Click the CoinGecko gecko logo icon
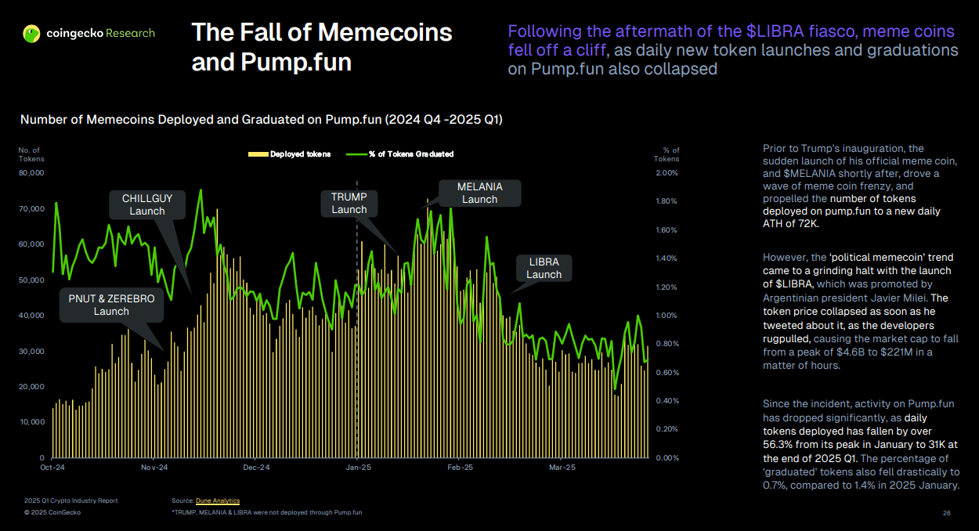tap(31, 34)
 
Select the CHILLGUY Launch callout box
tap(147, 204)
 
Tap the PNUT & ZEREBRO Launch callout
tap(111, 305)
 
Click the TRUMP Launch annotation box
tap(349, 203)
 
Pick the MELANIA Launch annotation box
tap(479, 193)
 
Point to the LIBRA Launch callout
tap(544, 268)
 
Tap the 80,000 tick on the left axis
tap(31, 173)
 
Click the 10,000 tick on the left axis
tap(31, 422)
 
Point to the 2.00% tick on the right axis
tap(667, 173)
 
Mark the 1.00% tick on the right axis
tap(667, 316)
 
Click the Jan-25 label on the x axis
tap(358, 468)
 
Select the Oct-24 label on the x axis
tap(52, 468)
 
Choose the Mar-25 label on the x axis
tap(562, 468)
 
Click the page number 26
tap(946, 513)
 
